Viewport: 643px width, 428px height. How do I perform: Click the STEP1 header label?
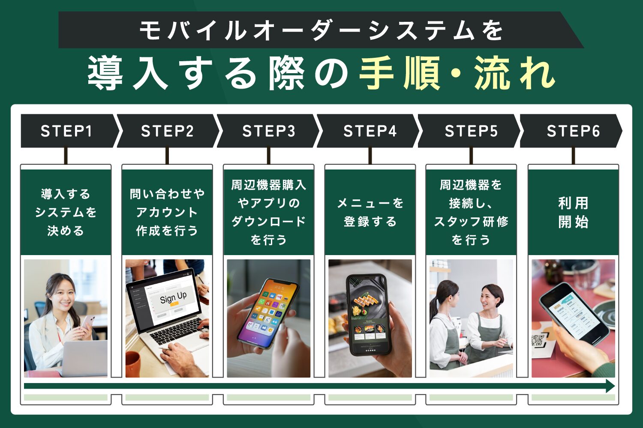pyautogui.click(x=66, y=131)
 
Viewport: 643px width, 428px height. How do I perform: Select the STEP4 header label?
pyautogui.click(x=370, y=131)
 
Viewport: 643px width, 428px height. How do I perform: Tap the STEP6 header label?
pyautogui.click(x=573, y=131)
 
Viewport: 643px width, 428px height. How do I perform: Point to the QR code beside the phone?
pyautogui.click(x=538, y=341)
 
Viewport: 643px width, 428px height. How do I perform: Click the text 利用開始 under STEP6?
pyautogui.click(x=573, y=212)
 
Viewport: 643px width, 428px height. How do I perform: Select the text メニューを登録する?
pyautogui.click(x=370, y=212)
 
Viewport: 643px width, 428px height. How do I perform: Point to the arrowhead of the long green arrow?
pyautogui.click(x=610, y=386)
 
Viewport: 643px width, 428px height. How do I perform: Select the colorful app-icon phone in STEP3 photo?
pyautogui.click(x=268, y=312)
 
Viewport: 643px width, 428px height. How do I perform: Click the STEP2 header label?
pyautogui.click(x=167, y=131)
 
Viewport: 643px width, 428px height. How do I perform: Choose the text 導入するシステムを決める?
pyautogui.click(x=66, y=212)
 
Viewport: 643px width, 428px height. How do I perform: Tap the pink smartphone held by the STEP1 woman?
pyautogui.click(x=88, y=322)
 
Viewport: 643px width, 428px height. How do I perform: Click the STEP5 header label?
pyautogui.click(x=471, y=131)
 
